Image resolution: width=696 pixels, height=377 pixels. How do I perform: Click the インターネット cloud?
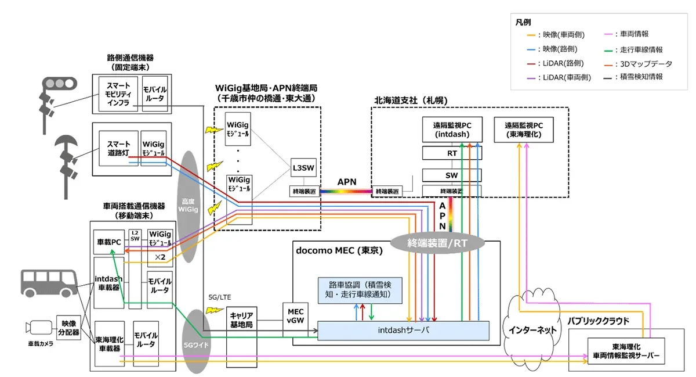coord(532,328)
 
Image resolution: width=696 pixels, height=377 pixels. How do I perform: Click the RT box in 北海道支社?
coord(452,153)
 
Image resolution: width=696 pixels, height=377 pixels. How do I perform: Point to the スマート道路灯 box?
coord(119,148)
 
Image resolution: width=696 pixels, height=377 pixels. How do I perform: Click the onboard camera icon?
coord(38,328)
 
